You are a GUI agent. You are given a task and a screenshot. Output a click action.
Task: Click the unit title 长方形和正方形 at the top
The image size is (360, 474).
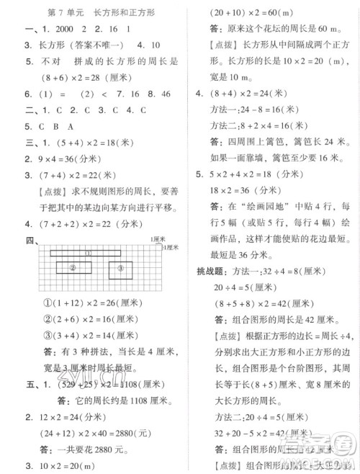(127, 12)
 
